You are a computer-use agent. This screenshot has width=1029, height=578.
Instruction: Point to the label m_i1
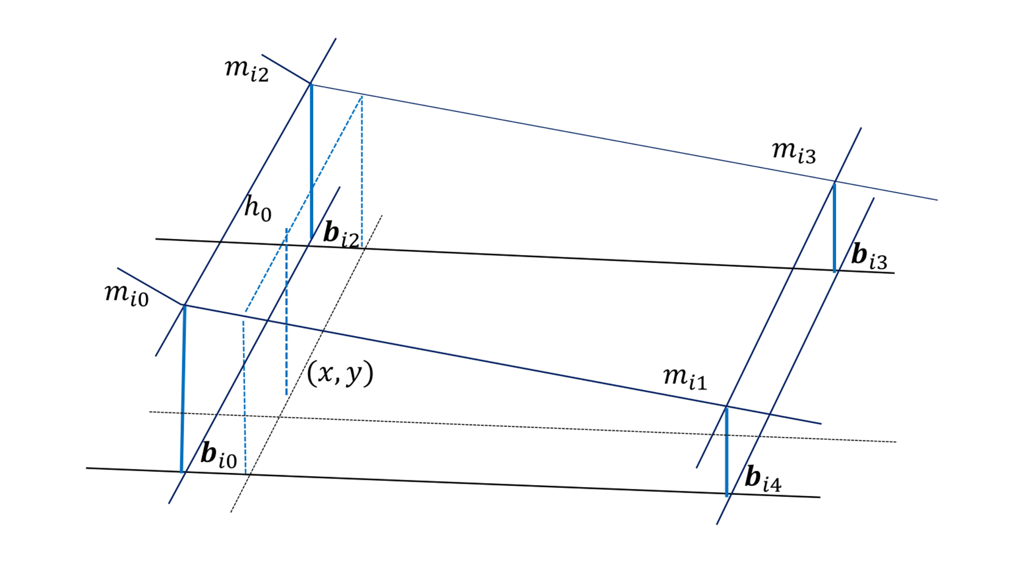point(684,378)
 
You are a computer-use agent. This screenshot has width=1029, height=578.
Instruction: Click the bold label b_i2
point(341,235)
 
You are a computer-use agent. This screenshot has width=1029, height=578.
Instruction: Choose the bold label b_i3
point(869,256)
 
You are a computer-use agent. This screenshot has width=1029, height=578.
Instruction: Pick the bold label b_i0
point(219,455)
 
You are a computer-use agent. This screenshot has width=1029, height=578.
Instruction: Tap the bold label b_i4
point(763,479)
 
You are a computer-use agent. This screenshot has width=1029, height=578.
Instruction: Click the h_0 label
point(257,208)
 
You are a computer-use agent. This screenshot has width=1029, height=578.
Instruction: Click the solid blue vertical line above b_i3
point(835,227)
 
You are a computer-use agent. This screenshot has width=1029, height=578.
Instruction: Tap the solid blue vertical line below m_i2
point(311,161)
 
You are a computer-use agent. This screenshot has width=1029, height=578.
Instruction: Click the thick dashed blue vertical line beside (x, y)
point(286,311)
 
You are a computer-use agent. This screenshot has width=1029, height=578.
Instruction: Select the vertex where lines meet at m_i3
point(835,181)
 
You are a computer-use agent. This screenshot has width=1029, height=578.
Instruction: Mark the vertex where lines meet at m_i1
point(727,406)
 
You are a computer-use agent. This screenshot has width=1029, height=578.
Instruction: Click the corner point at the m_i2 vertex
point(311,83)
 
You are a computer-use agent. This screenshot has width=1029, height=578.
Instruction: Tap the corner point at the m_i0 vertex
point(184,305)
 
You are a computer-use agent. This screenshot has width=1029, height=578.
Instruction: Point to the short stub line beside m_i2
point(285,69)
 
